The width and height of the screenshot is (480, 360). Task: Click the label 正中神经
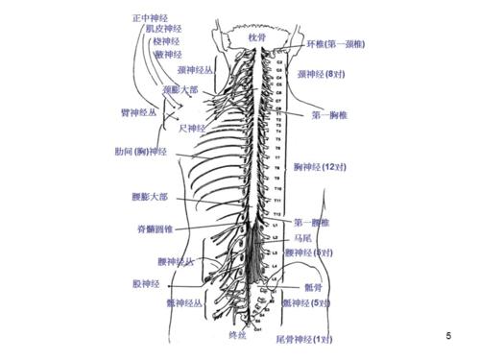[153, 17]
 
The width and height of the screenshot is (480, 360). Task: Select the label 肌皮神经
[162, 30]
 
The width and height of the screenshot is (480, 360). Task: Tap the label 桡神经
[165, 41]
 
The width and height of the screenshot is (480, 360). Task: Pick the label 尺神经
[193, 128]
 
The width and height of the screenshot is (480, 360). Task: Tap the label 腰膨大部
[149, 197]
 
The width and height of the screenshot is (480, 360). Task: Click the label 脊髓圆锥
[156, 230]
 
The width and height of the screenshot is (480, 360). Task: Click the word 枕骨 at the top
[253, 36]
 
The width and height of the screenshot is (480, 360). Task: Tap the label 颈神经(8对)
[322, 73]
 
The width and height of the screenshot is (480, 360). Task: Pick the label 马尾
[303, 237]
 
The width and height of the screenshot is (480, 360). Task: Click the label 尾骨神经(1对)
[304, 340]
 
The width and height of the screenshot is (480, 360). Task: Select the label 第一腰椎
[313, 222]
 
